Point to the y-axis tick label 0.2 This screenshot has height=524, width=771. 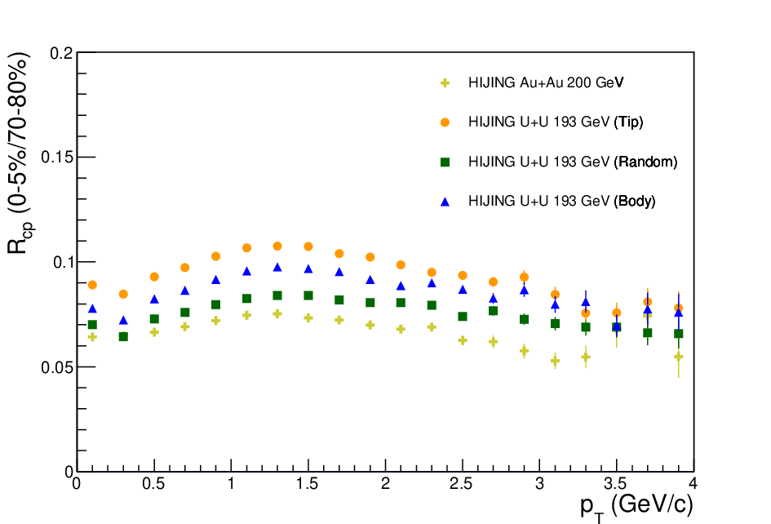coord(61,53)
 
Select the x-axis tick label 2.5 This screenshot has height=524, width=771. coord(461,484)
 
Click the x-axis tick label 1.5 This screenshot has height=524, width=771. coord(307,484)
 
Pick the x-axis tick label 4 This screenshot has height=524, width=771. coord(693,484)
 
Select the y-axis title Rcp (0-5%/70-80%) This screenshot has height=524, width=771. coord(20,153)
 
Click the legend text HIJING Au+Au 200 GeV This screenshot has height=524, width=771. coord(546,82)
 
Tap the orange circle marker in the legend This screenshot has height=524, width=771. coord(445,122)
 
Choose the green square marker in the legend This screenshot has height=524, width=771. coord(445,162)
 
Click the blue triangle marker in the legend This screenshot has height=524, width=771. coord(445,202)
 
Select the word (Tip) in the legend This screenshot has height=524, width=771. coord(628,122)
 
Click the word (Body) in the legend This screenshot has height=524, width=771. coord(634,202)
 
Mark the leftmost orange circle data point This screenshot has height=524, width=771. coord(92,285)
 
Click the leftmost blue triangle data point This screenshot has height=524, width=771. coord(92,309)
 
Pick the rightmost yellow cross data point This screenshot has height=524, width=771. coord(679,357)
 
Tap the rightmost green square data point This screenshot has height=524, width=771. coord(679,334)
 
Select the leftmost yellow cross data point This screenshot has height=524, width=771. coord(92,337)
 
